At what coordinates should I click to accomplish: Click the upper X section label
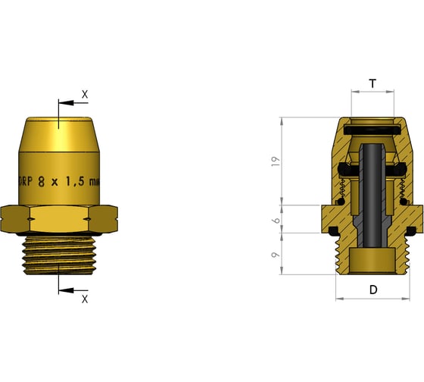[85, 95]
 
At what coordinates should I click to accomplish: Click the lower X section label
[85, 299]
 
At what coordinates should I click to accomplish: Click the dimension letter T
[372, 83]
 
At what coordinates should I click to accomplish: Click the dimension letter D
[373, 289]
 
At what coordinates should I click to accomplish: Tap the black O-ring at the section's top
[372, 130]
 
